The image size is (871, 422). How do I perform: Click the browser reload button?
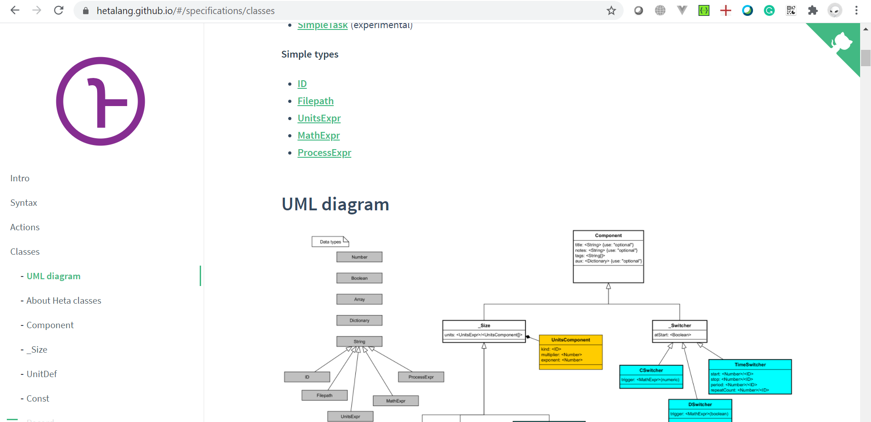pos(59,10)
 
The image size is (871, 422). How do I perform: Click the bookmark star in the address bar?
pos(611,10)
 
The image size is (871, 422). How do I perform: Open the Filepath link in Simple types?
pos(315,101)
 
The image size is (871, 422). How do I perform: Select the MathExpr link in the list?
pos(319,136)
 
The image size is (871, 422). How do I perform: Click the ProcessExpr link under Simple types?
pos(324,153)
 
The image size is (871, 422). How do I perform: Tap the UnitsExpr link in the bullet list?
pos(319,118)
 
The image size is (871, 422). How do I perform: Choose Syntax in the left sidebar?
pos(24,203)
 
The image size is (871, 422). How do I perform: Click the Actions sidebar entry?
pos(25,227)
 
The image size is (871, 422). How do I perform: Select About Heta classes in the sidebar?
pos(64,301)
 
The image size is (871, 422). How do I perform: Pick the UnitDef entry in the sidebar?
pos(42,374)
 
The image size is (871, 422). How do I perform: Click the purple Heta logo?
pos(100,101)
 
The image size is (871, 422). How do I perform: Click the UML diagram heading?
pos(335,204)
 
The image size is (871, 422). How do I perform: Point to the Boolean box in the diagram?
pos(359,278)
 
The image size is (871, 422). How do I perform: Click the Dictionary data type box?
pos(359,320)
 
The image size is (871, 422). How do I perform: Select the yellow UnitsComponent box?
pos(571,352)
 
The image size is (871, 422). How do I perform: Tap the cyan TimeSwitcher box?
pos(750,377)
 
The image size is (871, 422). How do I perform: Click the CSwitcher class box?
pos(651,376)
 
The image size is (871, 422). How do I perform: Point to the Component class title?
pos(608,236)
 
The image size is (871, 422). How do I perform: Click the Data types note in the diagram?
pos(330,242)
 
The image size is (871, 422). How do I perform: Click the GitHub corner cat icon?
pos(842,42)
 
